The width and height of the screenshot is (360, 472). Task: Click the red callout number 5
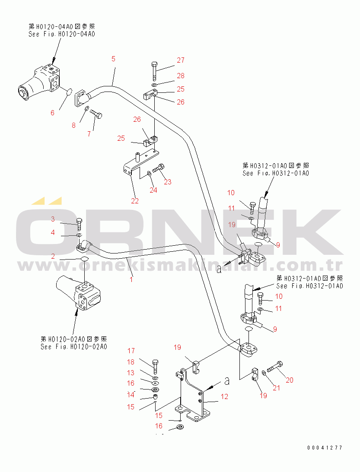[x=113, y=59]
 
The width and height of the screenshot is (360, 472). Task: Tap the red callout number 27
[x=181, y=60]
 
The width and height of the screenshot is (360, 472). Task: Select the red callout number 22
[x=135, y=201]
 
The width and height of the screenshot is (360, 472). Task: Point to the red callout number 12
[x=224, y=397]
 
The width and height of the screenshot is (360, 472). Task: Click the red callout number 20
[x=290, y=380]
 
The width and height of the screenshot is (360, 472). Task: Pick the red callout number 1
[x=131, y=279]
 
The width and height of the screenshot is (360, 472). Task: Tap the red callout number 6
[x=52, y=113]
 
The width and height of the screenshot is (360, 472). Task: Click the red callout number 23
[x=168, y=182]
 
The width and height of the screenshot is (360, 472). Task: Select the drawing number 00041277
[x=325, y=448]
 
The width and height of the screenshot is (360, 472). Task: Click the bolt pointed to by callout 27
[x=154, y=71]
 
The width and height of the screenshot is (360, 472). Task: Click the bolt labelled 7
[x=96, y=114]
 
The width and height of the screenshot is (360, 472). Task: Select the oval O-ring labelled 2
[x=85, y=259]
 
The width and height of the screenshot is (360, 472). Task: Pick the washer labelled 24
[x=150, y=174]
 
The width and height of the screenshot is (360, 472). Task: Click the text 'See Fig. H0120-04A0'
[x=62, y=34]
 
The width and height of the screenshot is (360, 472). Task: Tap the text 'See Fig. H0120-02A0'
[x=74, y=347]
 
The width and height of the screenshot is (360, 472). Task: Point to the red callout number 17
[x=131, y=351]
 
